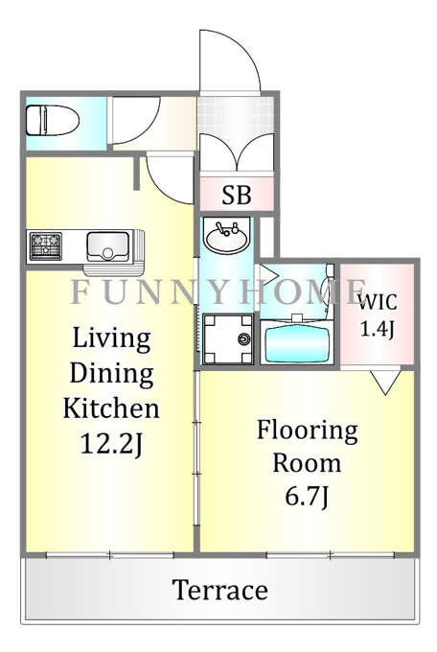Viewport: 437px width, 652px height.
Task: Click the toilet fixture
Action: (53, 120)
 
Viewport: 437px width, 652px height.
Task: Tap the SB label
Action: (237, 195)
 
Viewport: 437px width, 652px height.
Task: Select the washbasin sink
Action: (226, 236)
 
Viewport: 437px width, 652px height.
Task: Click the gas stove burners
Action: (46, 246)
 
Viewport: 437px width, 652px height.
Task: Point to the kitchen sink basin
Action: (107, 246)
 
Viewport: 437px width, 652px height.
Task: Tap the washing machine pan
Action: (228, 338)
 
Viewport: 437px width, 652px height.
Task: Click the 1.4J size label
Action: (377, 329)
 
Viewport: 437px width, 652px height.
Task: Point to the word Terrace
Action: (220, 590)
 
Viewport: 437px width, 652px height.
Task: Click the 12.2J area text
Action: (111, 444)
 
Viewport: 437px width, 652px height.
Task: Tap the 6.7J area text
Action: (307, 496)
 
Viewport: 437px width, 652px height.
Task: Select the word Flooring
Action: (308, 431)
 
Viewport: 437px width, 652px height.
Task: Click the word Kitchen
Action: (111, 408)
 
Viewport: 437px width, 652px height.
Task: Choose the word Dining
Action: (111, 374)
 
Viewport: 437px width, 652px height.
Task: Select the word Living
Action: (111, 338)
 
